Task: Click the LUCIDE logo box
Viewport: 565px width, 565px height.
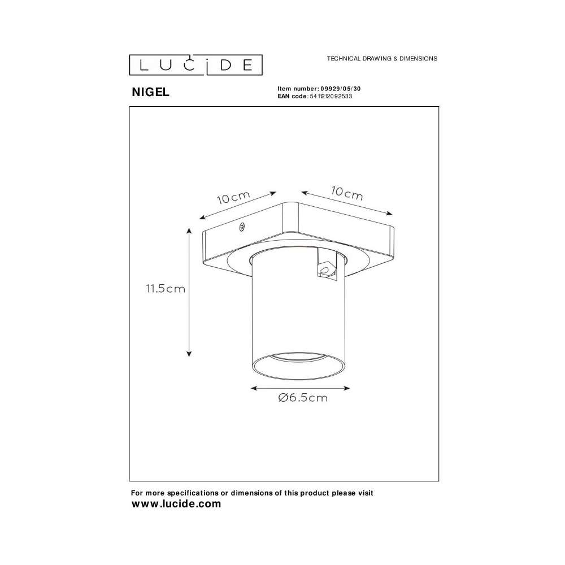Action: click(x=195, y=65)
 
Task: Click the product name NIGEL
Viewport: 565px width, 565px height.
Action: click(x=151, y=92)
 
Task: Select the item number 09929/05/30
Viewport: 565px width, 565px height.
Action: click(x=341, y=89)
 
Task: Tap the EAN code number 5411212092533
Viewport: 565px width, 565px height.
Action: click(x=331, y=96)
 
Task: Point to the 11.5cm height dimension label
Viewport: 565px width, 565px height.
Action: click(x=166, y=289)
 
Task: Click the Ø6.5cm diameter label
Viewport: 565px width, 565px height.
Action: click(x=303, y=398)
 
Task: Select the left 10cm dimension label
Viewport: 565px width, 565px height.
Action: click(x=233, y=197)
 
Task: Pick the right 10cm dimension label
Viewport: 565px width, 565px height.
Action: click(x=347, y=193)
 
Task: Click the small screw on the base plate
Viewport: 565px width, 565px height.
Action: click(x=242, y=227)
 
